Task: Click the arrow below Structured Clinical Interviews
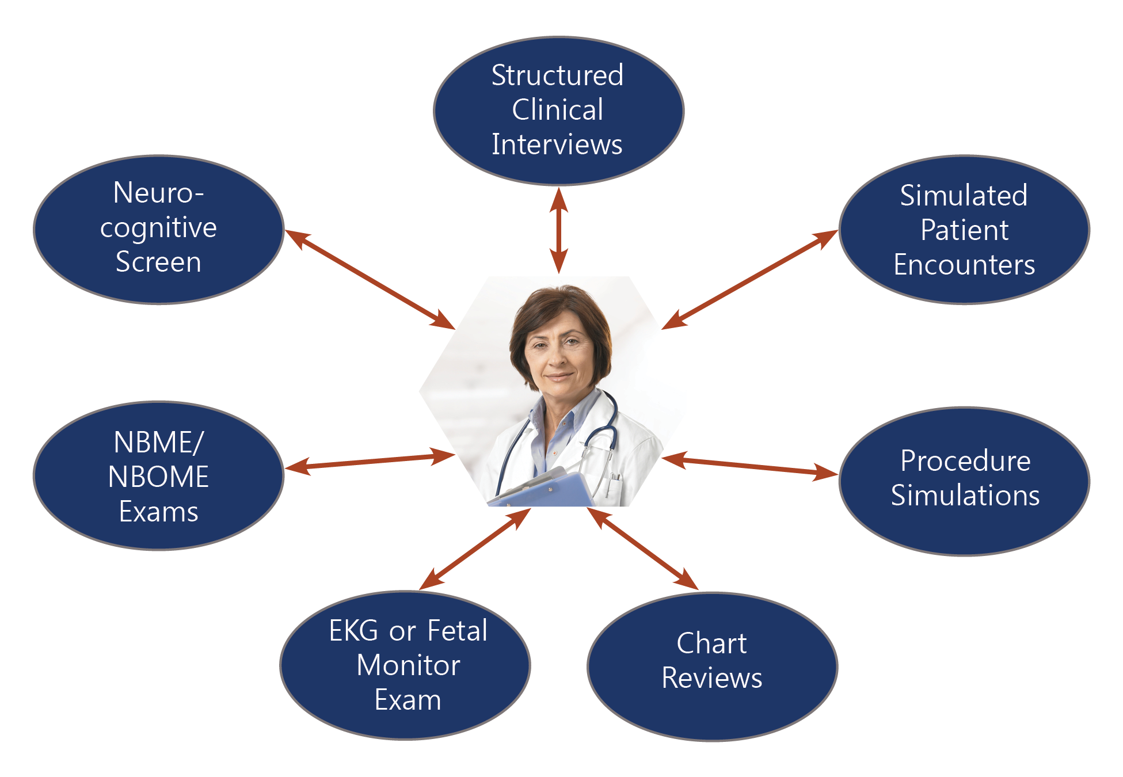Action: [558, 230]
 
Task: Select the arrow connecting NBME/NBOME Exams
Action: [370, 461]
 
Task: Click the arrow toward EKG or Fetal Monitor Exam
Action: [475, 549]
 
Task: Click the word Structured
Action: [557, 75]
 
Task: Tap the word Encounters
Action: [964, 265]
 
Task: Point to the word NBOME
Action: [158, 477]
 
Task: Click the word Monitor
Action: [408, 665]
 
